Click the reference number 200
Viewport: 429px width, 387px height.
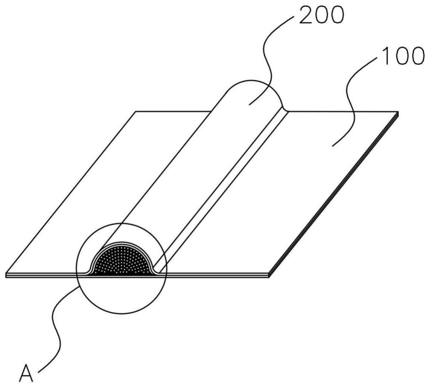[x=321, y=15]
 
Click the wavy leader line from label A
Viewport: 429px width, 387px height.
[x=56, y=326]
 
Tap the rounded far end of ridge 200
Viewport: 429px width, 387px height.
[x=253, y=81]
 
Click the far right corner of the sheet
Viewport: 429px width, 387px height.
[x=398, y=112]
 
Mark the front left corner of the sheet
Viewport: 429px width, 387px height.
[x=6, y=275]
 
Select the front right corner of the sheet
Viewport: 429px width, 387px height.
[x=269, y=275]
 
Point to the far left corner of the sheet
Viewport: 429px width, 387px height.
[x=136, y=112]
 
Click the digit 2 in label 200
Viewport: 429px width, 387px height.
[x=305, y=15]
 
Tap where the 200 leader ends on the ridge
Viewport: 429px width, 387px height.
[x=249, y=105]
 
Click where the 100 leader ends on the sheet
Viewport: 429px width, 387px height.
[x=332, y=146]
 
